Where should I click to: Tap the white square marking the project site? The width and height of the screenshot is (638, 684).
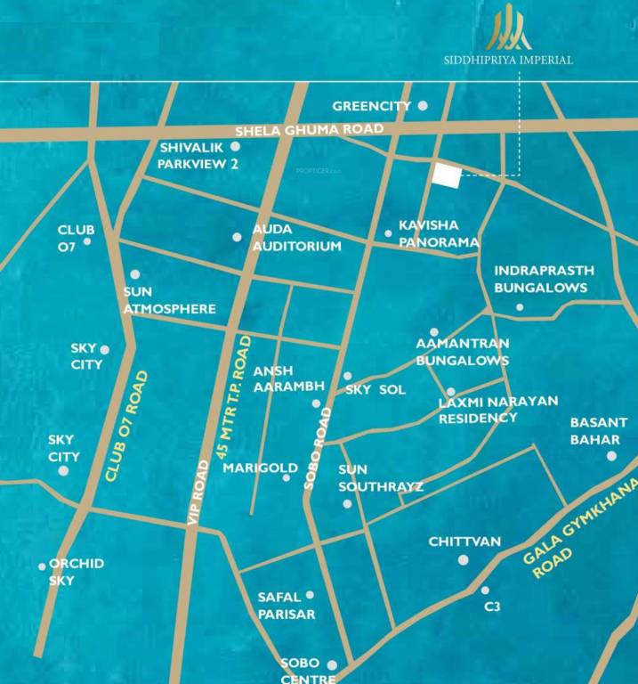446,175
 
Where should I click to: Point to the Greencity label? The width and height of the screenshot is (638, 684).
371,106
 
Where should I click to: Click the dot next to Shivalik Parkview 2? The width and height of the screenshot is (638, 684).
236,146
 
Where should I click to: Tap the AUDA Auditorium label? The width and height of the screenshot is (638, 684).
296,238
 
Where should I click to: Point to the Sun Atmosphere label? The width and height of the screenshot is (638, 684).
169,300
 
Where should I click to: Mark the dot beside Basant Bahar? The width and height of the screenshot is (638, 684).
611,456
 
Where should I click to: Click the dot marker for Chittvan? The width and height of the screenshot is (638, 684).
463,559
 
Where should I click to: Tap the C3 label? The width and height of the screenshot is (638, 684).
493,607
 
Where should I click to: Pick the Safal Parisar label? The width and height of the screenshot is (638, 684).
286,606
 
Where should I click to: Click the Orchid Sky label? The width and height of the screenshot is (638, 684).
76,572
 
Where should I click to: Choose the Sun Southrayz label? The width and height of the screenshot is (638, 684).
380,477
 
